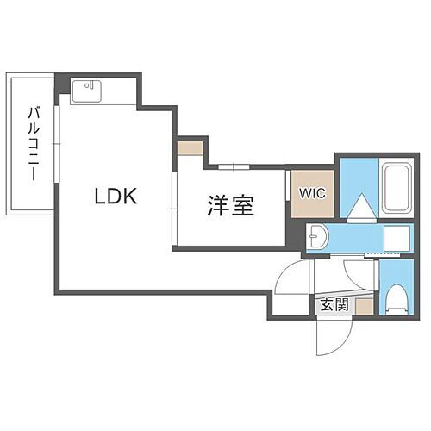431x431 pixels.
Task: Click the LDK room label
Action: point(116,196)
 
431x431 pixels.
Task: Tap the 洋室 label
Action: point(231,206)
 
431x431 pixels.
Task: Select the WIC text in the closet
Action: point(312,193)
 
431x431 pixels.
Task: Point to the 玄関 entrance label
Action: point(334,305)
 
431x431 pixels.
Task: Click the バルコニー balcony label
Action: point(34,144)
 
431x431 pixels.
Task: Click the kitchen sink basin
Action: point(86,91)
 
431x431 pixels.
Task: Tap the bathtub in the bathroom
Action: point(397,189)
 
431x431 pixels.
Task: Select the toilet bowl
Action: point(397,299)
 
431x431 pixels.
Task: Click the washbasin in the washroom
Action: point(316,236)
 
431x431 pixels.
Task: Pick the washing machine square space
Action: point(397,238)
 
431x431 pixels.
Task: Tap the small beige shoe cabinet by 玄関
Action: point(365,307)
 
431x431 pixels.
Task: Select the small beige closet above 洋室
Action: point(191,148)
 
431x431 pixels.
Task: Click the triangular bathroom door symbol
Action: point(362,205)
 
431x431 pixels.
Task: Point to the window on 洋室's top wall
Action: point(234,166)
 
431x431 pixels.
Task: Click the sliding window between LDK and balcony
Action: point(57,144)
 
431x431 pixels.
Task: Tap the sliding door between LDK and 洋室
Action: point(174,209)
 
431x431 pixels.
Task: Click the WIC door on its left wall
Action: point(287,185)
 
